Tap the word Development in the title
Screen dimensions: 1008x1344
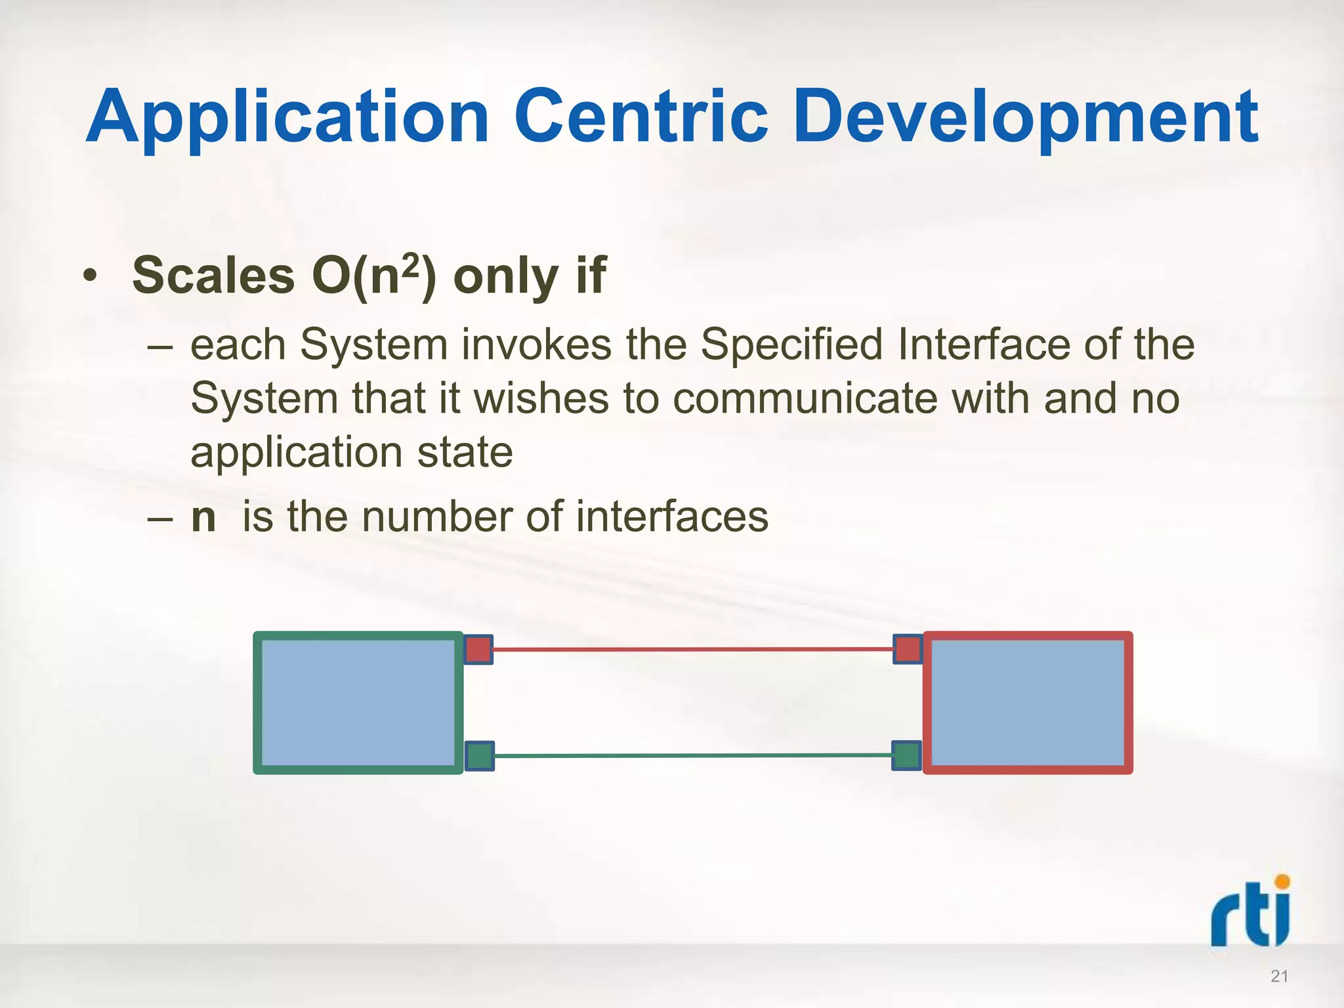(1025, 118)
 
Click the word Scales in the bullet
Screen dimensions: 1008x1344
(213, 276)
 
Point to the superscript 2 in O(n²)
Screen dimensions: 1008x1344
(410, 266)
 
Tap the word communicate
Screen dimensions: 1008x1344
(805, 399)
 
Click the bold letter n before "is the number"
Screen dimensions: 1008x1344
(203, 517)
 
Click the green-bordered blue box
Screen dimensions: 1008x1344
(358, 703)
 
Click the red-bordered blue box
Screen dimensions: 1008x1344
(1028, 703)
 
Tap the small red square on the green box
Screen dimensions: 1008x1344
(478, 650)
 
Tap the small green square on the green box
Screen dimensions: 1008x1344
(479, 756)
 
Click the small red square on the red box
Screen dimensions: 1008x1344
(908, 649)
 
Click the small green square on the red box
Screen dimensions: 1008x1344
(907, 755)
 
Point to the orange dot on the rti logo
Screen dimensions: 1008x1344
(1282, 881)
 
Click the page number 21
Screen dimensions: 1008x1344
(1279, 976)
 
